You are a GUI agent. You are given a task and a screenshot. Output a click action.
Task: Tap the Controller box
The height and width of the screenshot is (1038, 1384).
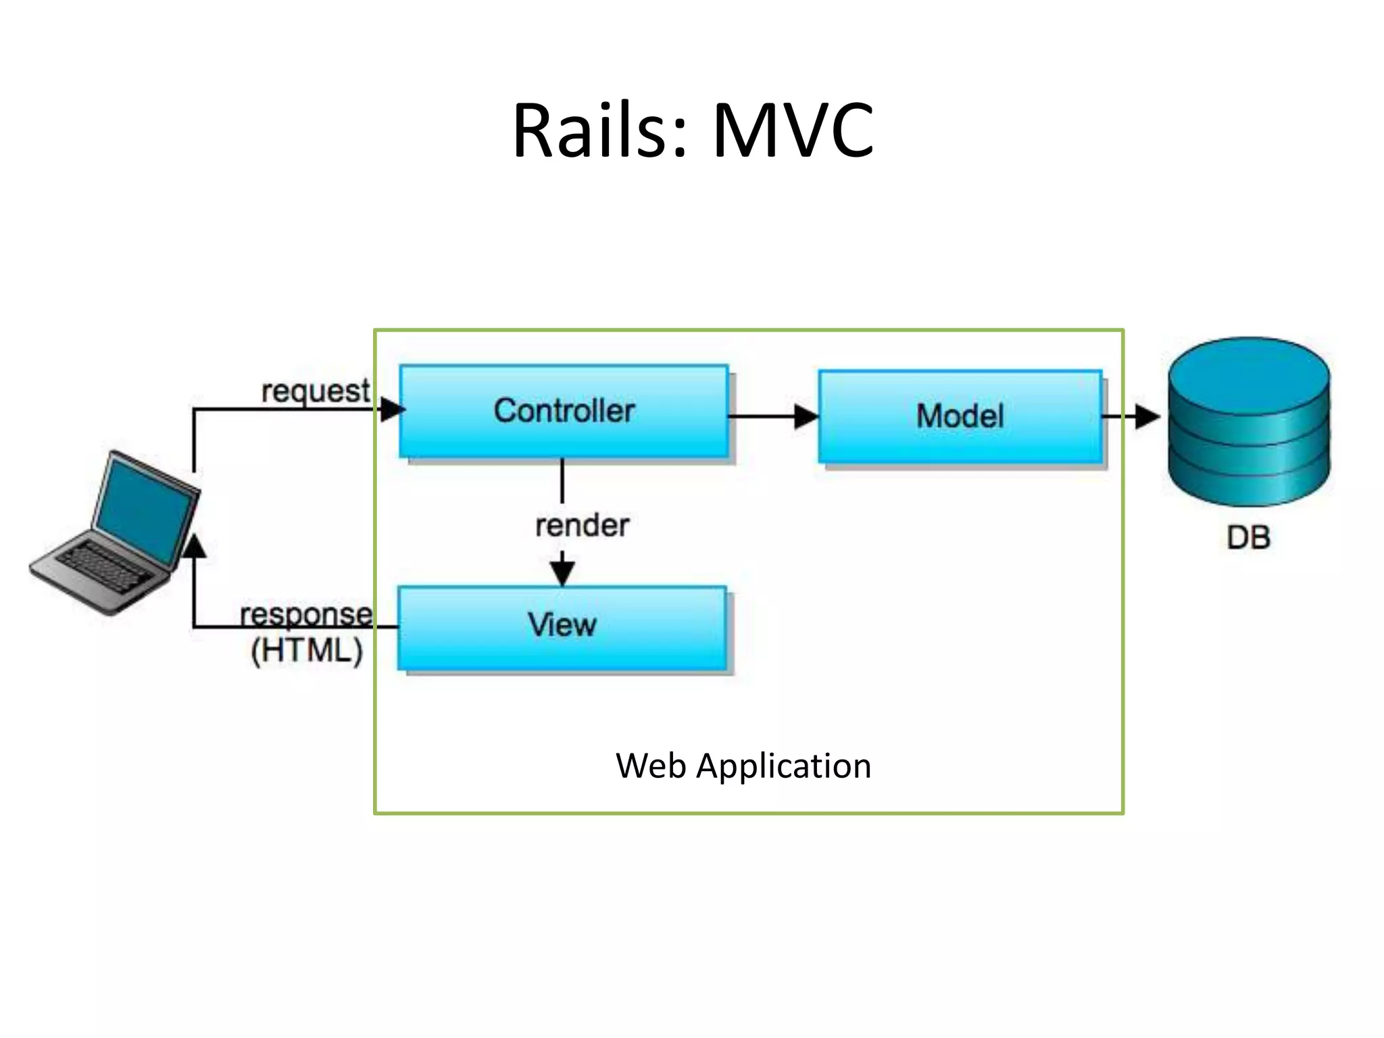pos(564,411)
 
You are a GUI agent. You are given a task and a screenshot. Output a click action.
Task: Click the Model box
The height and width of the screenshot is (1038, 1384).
pos(960,416)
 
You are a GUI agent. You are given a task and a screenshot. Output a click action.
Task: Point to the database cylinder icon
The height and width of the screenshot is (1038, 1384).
pos(1249,422)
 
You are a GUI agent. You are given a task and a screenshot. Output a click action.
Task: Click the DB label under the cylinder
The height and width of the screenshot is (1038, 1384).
pos(1249,538)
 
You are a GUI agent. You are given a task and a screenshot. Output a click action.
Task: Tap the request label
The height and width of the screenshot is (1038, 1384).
pos(316,391)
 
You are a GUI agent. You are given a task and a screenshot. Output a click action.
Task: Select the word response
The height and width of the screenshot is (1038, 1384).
pos(305,614)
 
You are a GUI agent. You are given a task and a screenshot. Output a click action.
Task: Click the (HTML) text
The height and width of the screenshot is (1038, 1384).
pos(307,651)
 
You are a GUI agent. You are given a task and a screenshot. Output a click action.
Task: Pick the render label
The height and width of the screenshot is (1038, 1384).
pos(582,526)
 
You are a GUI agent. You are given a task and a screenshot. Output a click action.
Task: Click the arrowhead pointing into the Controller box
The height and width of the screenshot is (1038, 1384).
pos(392,410)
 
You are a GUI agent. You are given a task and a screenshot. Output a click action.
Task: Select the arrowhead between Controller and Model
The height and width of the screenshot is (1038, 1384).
pos(806,416)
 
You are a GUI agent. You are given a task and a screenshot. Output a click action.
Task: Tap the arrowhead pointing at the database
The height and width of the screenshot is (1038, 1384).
pos(1147,416)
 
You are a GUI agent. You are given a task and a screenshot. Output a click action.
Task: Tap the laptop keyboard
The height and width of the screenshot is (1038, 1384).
pos(105,568)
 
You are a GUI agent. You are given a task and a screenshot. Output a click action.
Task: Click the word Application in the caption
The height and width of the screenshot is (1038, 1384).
pos(783,766)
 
